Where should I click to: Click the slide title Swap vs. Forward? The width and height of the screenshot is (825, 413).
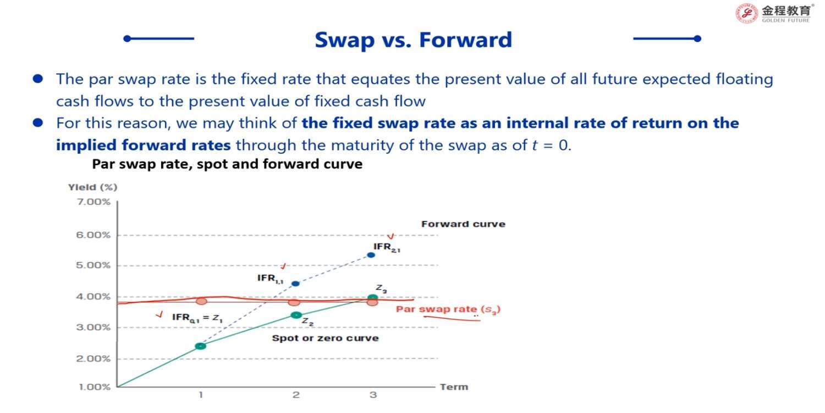(413, 40)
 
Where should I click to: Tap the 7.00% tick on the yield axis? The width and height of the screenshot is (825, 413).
(94, 202)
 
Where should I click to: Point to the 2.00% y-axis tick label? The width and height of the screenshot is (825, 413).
(93, 358)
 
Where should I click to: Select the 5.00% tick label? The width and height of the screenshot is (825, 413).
(93, 265)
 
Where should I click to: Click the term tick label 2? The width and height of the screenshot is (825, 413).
(296, 395)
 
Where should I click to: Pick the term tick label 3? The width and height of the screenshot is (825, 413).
(373, 395)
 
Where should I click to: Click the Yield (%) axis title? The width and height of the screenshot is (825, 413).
(92, 187)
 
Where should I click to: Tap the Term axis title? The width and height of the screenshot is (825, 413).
(454, 387)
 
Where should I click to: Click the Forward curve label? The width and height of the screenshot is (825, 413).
(463, 224)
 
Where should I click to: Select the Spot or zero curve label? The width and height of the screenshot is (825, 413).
(325, 338)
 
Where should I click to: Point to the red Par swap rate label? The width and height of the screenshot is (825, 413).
(448, 309)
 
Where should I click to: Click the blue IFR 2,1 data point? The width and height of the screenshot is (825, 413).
(371, 255)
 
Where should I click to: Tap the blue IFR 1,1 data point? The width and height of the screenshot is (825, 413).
(295, 284)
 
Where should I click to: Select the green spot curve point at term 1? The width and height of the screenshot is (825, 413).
(201, 346)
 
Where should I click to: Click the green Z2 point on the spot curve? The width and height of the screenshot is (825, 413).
(296, 315)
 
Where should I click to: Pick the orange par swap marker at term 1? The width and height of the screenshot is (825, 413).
(201, 301)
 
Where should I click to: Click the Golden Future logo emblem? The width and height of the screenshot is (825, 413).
(746, 13)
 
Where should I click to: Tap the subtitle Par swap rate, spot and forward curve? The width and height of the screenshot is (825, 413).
(227, 164)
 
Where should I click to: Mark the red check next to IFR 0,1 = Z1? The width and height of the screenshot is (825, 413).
(159, 314)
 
